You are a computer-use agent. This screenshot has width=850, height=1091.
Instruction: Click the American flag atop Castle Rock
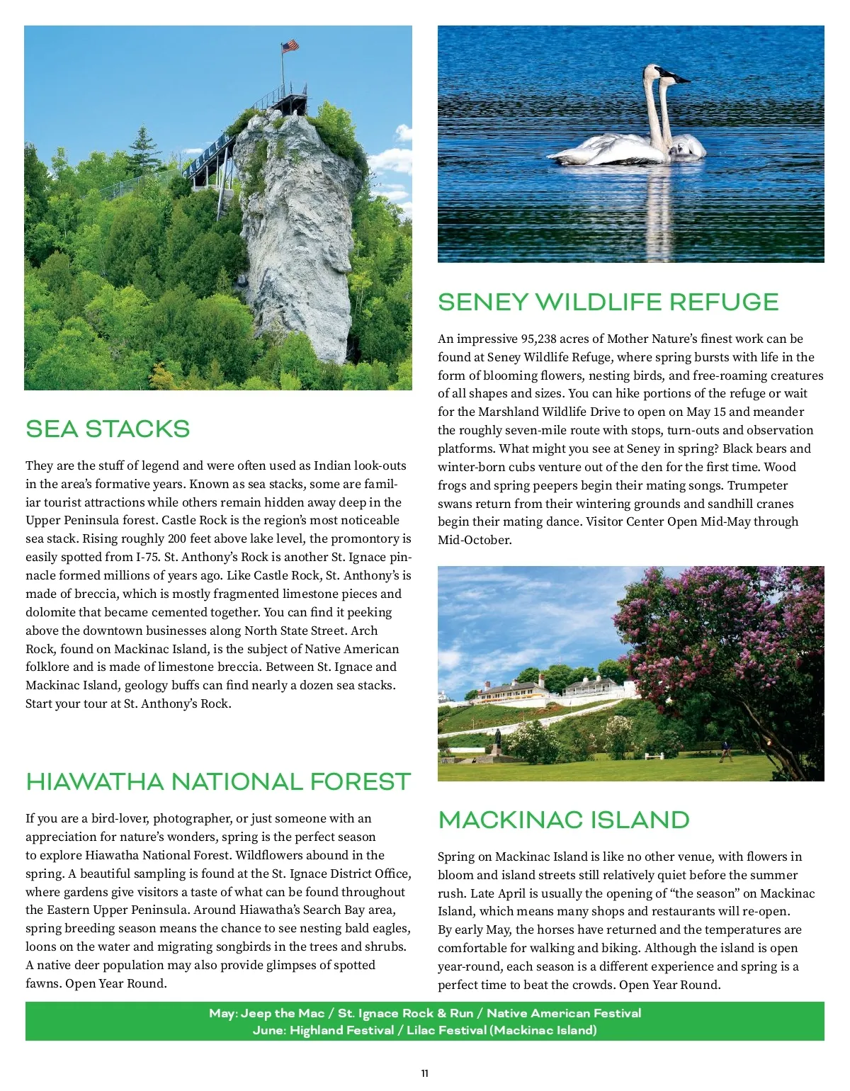click(x=290, y=47)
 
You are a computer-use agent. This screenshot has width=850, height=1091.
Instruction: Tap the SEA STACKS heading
click(x=108, y=429)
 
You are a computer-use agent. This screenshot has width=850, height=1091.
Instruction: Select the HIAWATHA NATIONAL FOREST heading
click(x=218, y=782)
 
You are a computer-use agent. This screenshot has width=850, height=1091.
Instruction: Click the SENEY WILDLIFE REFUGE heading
click(x=608, y=303)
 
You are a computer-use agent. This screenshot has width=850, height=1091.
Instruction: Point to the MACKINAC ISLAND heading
click(x=564, y=820)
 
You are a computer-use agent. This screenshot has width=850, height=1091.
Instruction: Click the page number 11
click(x=425, y=1073)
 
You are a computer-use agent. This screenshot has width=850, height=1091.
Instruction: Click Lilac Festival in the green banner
click(x=446, y=1031)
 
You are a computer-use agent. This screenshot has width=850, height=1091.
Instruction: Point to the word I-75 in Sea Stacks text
click(x=147, y=558)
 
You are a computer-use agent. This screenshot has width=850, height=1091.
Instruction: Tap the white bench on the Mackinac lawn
click(x=654, y=756)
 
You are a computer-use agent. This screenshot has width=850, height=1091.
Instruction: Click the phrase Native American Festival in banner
click(x=564, y=1014)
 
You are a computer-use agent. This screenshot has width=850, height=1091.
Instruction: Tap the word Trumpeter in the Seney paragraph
click(x=758, y=486)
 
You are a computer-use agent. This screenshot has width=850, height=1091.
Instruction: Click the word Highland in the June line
click(x=321, y=1031)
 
